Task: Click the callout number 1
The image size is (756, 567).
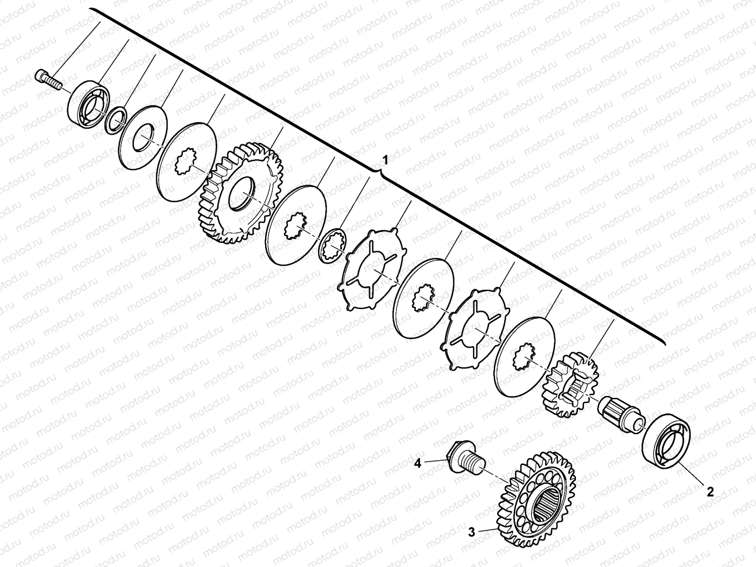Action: (386, 161)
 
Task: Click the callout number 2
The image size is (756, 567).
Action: (710, 491)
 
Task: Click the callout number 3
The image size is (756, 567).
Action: (472, 532)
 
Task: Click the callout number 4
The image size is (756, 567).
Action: (417, 464)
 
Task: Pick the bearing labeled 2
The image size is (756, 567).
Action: (666, 441)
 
